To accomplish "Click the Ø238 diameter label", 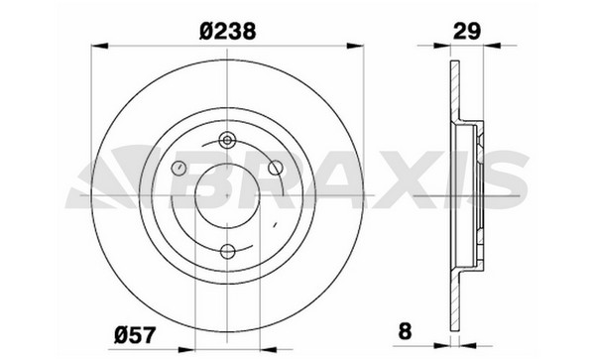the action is tap(227, 31).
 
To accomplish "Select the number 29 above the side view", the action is tap(467, 31).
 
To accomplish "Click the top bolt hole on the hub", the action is tap(227, 141).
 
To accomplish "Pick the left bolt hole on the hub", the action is tap(178, 168).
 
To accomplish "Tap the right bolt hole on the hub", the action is tap(276, 168).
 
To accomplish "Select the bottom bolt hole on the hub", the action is tap(228, 251).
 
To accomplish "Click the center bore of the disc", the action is tap(227, 195).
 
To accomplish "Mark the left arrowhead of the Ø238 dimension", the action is tap(100, 46).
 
